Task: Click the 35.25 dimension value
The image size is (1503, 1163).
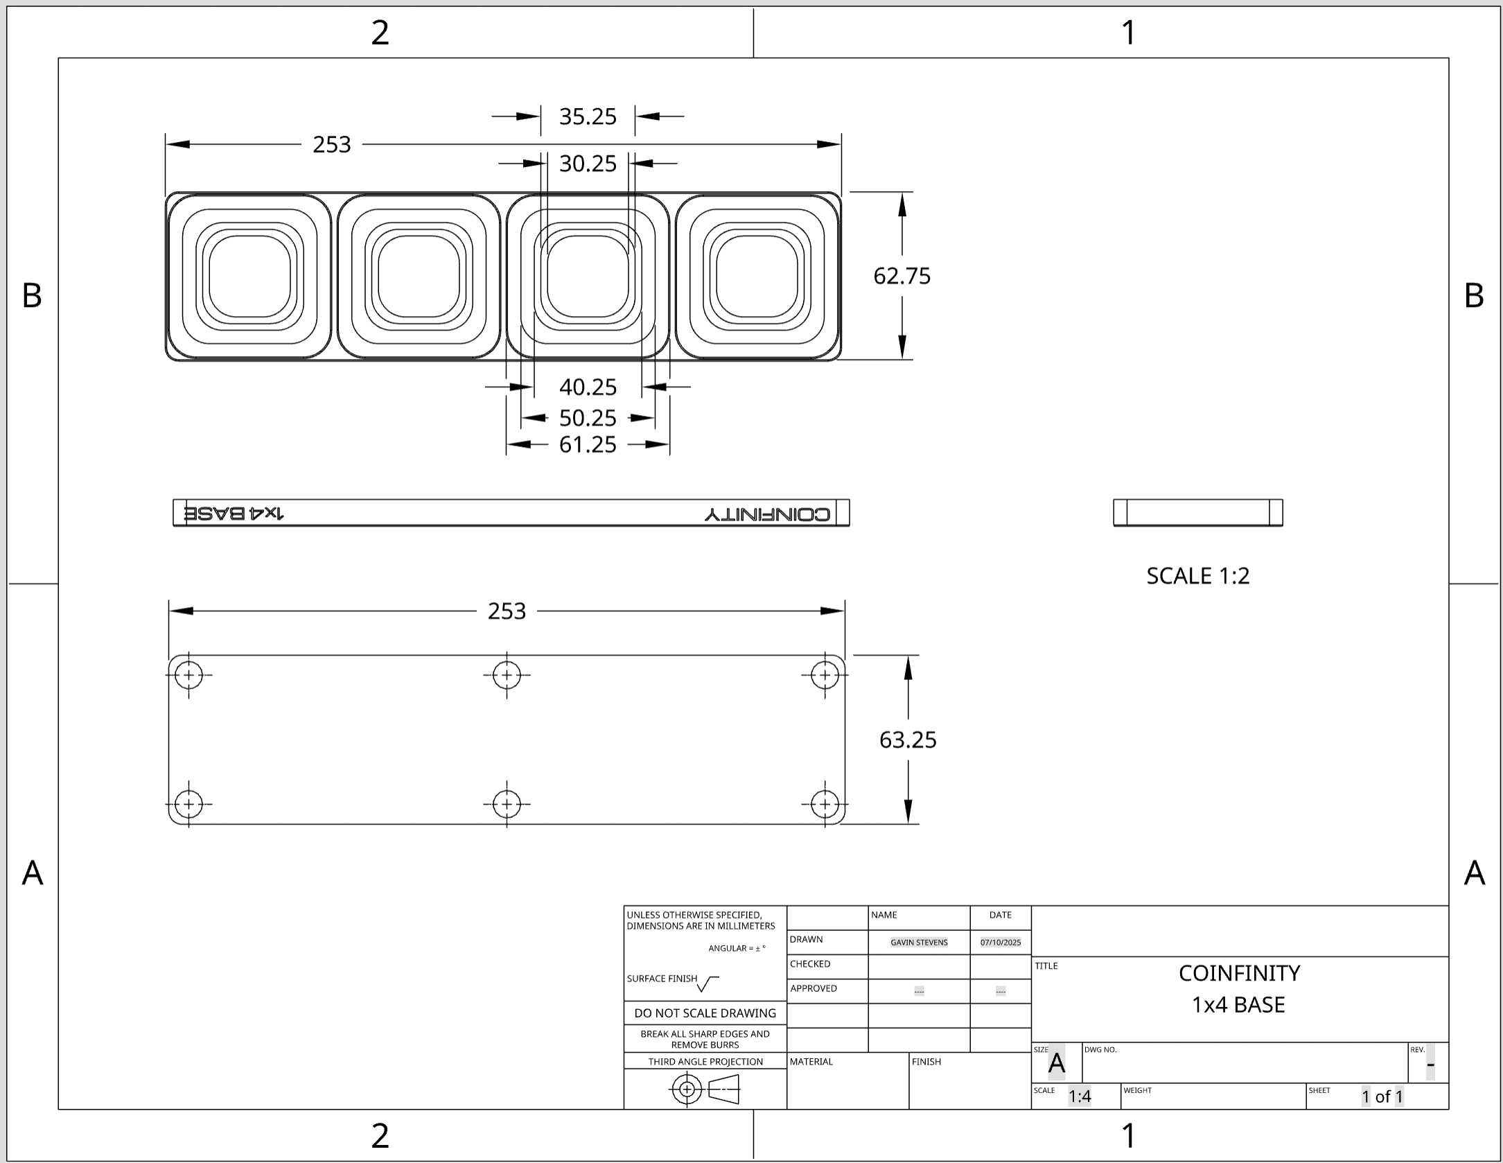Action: [x=588, y=116]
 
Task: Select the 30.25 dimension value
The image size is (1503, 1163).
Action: [x=588, y=164]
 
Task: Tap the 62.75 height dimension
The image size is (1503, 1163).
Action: [x=902, y=276]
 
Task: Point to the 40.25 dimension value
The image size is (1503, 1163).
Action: [x=588, y=387]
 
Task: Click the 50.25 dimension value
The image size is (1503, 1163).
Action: [x=588, y=418]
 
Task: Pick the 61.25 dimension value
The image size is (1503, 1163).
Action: [x=588, y=444]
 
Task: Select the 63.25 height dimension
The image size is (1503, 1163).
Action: [x=908, y=740]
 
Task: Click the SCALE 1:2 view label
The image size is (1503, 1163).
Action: [x=1197, y=576]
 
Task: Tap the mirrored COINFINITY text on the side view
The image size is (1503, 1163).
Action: [x=767, y=514]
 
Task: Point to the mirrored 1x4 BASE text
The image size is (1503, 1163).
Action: [x=234, y=514]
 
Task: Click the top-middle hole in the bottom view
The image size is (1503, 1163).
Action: [x=507, y=675]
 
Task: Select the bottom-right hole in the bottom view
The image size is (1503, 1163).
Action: [x=825, y=805]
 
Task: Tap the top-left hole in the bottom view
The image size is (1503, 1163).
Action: [x=188, y=675]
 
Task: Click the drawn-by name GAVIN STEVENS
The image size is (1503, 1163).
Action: [x=919, y=943]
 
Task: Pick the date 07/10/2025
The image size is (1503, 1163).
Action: [x=1000, y=943]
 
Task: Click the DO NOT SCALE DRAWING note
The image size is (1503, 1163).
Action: [x=705, y=1013]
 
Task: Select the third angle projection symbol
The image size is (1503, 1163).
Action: [x=705, y=1090]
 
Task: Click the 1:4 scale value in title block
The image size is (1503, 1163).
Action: [x=1080, y=1096]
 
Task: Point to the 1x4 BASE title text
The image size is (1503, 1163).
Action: [x=1238, y=1005]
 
